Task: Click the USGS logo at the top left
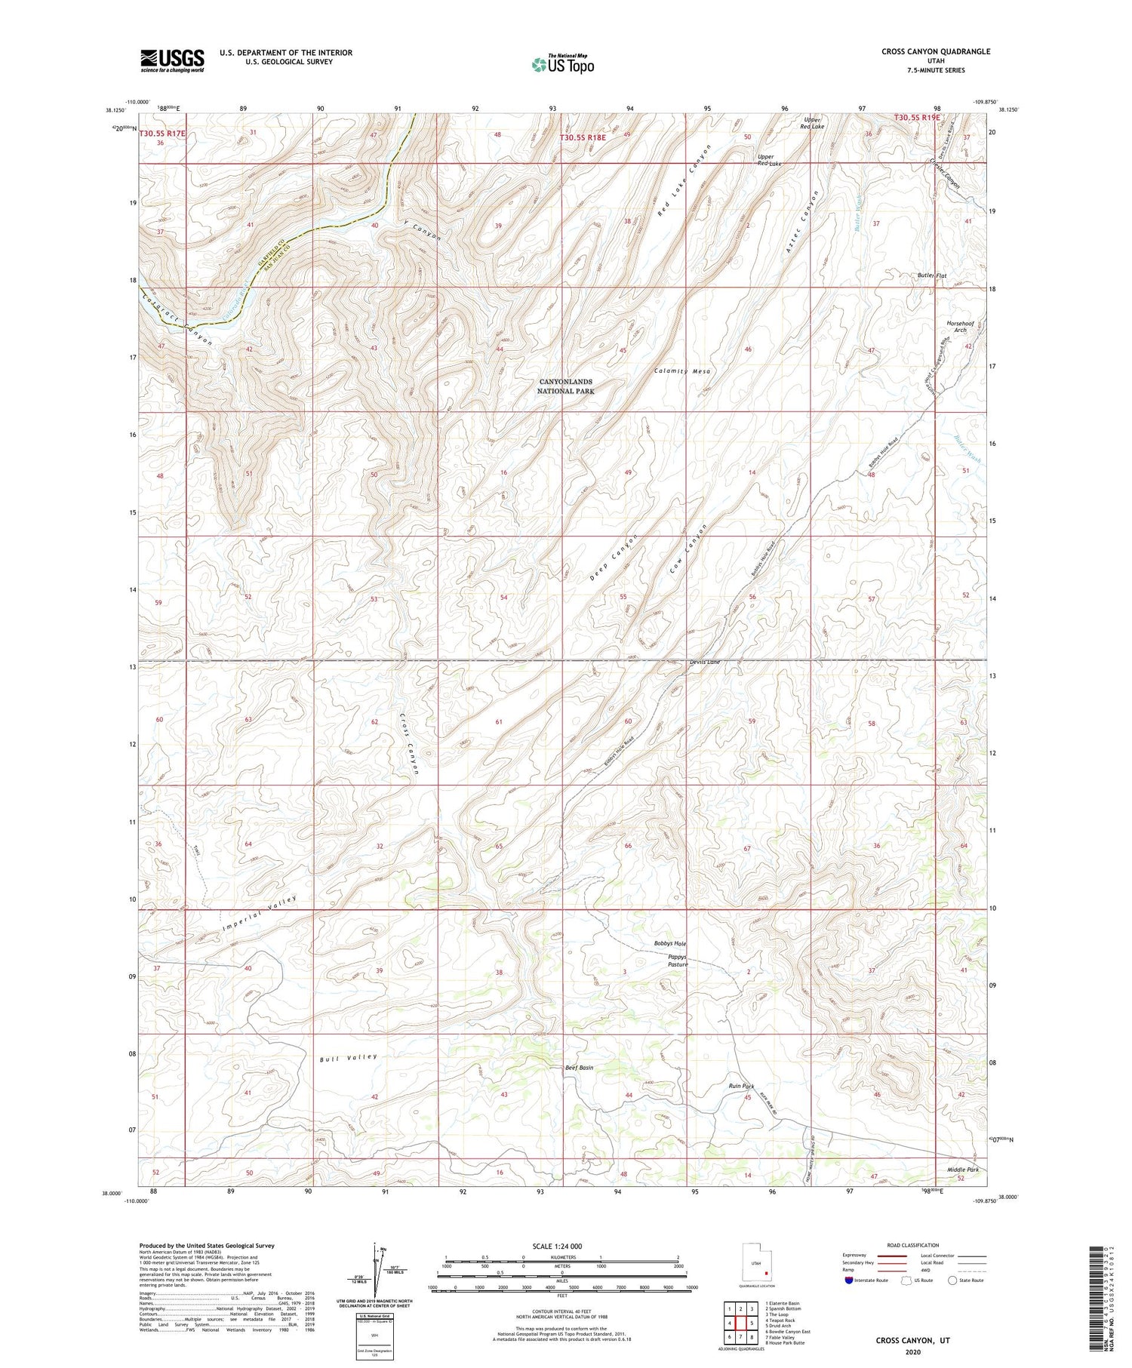click(x=172, y=60)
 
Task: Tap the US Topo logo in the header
click(x=562, y=65)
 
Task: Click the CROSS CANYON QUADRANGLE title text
click(x=935, y=51)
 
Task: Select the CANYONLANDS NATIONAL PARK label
click(x=565, y=386)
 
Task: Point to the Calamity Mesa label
click(x=682, y=371)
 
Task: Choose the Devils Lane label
click(x=705, y=662)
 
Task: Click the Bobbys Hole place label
click(x=669, y=943)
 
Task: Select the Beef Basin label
click(x=579, y=1068)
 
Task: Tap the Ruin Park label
click(x=741, y=1086)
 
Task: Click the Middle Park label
click(x=963, y=1170)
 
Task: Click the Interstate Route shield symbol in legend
click(x=849, y=1280)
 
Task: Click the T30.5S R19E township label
click(x=917, y=118)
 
